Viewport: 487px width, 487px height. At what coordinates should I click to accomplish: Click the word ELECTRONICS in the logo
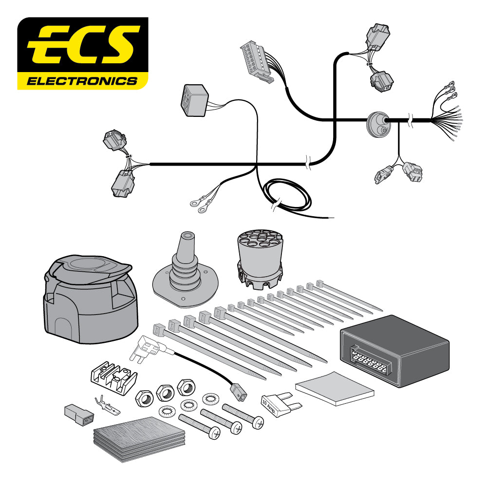(82, 80)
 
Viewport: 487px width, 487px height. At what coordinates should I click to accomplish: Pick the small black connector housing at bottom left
(78, 412)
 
